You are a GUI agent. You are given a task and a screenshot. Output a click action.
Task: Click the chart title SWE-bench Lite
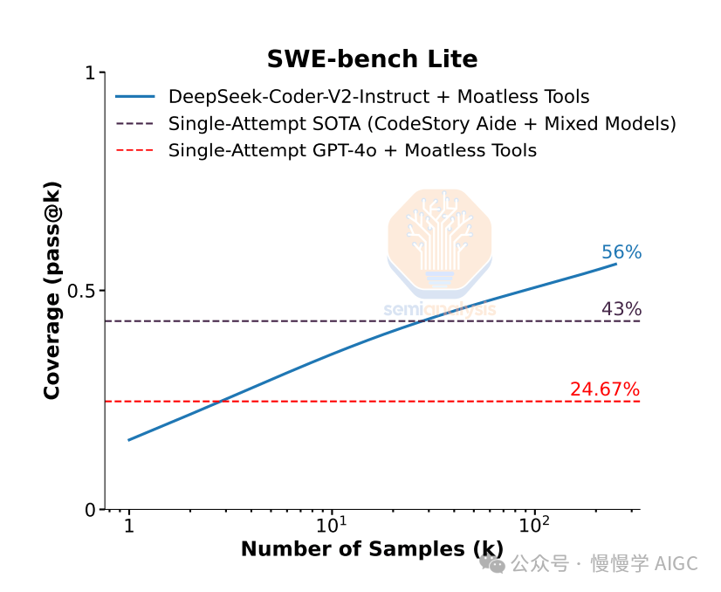(372, 59)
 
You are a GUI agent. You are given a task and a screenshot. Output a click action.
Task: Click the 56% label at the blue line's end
(621, 252)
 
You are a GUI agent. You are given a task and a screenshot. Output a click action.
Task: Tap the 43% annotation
(621, 309)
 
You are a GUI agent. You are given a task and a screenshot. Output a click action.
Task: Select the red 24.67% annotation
(605, 389)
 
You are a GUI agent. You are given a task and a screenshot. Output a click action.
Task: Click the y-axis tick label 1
(89, 72)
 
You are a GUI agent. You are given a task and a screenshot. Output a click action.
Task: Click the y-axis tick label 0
(89, 510)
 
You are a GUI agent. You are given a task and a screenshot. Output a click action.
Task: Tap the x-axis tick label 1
(129, 527)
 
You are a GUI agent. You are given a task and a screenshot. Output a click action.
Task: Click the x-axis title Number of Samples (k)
(372, 549)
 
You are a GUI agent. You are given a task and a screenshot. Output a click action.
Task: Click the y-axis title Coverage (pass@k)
(52, 291)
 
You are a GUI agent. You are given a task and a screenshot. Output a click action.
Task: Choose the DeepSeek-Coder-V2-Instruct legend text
(379, 97)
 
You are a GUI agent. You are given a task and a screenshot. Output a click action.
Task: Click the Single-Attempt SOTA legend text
(422, 124)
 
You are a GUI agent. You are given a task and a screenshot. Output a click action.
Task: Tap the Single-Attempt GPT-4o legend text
(353, 150)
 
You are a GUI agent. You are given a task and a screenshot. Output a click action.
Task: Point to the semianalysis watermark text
(440, 309)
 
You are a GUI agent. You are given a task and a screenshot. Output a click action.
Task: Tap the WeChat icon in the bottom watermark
(493, 564)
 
